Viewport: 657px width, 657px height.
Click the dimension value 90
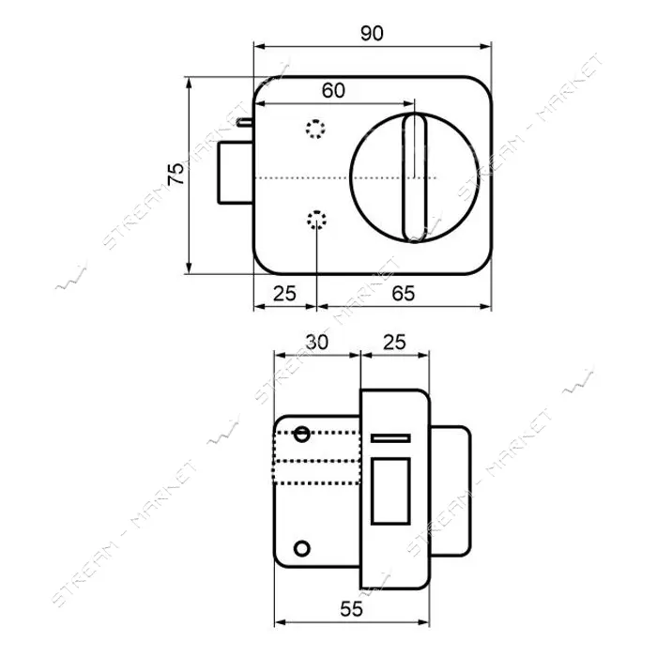pos(372,33)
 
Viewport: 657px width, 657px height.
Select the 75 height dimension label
pos(176,174)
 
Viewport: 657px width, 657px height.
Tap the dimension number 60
pos(333,90)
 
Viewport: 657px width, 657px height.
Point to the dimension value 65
pos(403,293)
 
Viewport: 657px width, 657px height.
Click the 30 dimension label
pos(317,343)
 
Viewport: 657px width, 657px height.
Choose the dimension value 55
pos(351,609)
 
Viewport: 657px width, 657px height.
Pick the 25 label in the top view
pos(284,293)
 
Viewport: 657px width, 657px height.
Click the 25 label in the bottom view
pos(394,342)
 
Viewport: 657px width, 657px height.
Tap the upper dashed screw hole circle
pos(315,130)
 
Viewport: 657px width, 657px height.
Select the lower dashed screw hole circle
pos(317,220)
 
